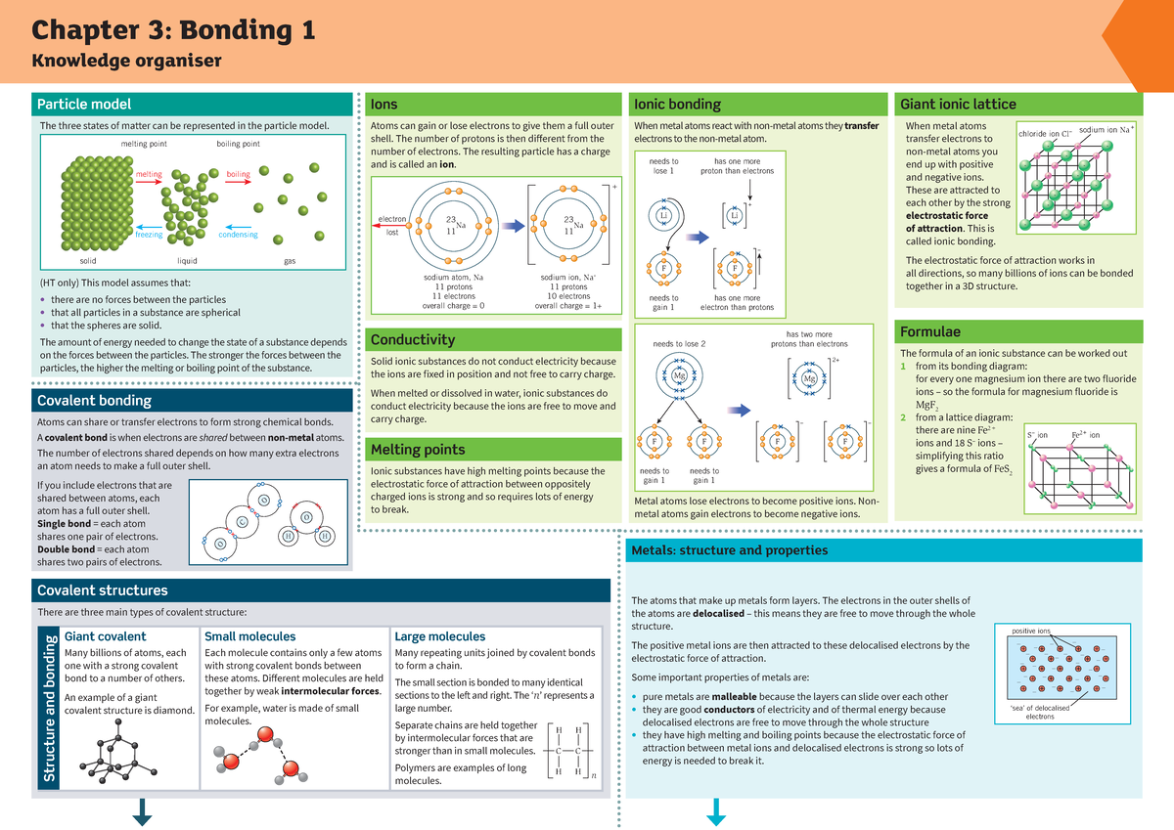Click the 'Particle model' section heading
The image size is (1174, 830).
(84, 105)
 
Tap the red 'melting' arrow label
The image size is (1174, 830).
(149, 174)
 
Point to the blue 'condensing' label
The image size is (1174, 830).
(238, 235)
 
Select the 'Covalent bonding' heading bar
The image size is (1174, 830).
(94, 400)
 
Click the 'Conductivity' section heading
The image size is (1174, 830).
(412, 339)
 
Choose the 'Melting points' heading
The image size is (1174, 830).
(417, 450)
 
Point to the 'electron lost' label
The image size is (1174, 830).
(392, 226)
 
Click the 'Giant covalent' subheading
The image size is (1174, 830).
(105, 636)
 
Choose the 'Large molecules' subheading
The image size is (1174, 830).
(439, 636)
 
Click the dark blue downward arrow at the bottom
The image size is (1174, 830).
(142, 811)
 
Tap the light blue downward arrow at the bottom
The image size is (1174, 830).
(716, 811)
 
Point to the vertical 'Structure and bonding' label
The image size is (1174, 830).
(47, 709)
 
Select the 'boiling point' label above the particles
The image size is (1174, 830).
(238, 144)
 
